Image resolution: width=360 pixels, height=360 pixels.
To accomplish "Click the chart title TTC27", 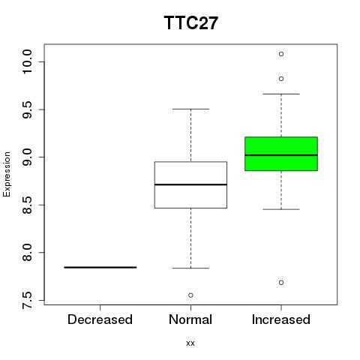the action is pos(191,22).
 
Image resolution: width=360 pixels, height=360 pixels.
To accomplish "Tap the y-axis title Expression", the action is pos(7,174).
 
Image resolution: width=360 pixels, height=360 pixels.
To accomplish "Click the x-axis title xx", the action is pos(190,343).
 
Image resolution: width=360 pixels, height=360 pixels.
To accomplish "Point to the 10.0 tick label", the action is pos(27,61).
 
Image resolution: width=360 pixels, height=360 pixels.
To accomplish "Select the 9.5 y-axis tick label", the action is pos(27,109).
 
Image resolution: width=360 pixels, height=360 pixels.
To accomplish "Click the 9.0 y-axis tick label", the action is pos(27,157).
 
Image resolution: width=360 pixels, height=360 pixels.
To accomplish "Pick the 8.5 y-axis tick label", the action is pos(27,205).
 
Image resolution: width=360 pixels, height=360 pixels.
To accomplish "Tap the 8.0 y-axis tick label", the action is pos(27,253).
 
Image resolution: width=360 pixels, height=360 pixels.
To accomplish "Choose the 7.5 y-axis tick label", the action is pos(27,300).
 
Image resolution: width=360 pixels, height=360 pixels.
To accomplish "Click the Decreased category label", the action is pos(100,319).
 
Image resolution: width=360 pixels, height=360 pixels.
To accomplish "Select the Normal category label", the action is pos(190,319).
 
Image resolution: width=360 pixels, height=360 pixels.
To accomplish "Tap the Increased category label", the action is pos(281,319).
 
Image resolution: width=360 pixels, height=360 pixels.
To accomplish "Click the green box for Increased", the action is pos(281,154).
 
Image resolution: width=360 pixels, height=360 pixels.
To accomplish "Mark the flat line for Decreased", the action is pos(100,267).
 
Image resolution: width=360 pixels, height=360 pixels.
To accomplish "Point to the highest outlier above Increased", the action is pos(281,54).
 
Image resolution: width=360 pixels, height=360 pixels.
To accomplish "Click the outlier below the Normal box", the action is pos(190,295).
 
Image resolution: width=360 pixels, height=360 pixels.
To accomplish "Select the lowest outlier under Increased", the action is pos(281,283).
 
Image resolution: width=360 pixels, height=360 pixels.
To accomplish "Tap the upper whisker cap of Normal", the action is pos(190,109).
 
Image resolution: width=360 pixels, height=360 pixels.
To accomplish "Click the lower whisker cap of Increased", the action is pos(281,209).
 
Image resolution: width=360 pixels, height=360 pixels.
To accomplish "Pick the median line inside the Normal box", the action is pos(190,184).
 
